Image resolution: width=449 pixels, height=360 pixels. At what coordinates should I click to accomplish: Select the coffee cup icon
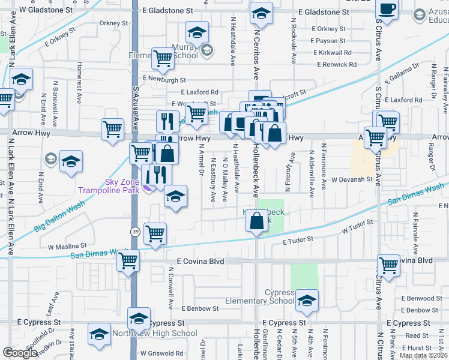click(387, 10)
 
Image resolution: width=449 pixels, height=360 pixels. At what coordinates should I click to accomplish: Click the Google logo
click(20, 353)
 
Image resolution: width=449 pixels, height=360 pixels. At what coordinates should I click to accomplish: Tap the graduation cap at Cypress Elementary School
click(307, 301)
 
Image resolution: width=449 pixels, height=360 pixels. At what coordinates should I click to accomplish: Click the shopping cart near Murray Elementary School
click(162, 59)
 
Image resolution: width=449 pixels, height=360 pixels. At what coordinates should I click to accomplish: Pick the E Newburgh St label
click(164, 78)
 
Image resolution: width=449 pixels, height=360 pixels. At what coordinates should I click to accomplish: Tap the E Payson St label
click(325, 41)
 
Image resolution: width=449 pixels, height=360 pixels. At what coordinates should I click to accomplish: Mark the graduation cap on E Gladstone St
click(261, 13)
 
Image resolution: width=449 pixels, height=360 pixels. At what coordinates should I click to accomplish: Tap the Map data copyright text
click(424, 355)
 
